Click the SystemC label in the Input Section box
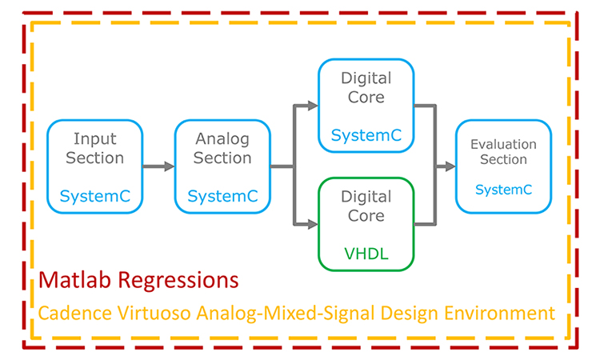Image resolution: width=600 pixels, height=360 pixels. coord(95,196)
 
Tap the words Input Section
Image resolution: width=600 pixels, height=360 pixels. coord(95,148)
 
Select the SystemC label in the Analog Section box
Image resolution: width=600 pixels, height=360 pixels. coord(222,196)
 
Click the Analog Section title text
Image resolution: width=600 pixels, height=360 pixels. coord(222,148)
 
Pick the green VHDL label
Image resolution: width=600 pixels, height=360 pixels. coord(366,254)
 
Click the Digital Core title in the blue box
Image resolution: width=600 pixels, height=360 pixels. coord(366,88)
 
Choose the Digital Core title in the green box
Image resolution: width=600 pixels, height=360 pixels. coord(366,206)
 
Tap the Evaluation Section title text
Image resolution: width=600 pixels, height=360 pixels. coord(503,151)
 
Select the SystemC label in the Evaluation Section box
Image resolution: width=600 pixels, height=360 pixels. coord(503,190)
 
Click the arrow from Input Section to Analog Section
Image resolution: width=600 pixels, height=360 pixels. coord(158,166)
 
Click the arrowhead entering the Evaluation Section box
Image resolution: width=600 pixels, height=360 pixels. coord(449,166)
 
